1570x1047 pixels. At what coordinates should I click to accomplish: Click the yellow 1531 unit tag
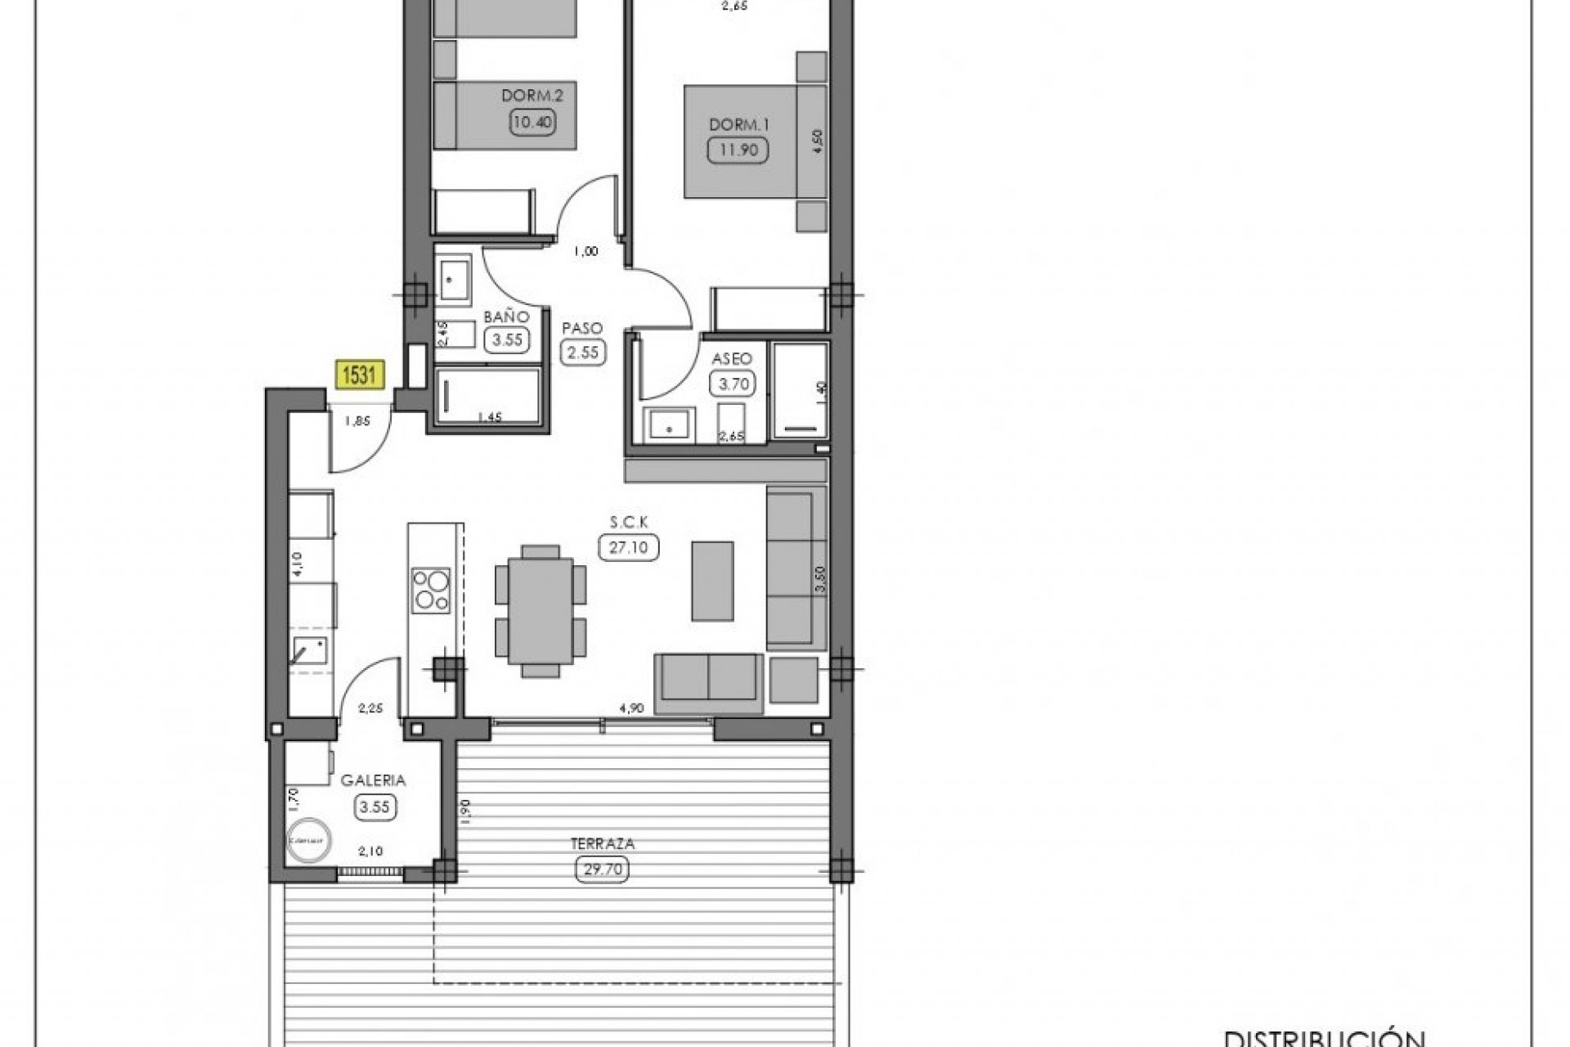tap(359, 375)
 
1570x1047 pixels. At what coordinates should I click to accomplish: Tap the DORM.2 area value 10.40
tap(532, 123)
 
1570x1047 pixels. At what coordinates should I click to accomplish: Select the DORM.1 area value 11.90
tap(738, 151)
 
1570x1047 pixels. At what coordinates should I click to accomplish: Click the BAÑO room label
tap(506, 317)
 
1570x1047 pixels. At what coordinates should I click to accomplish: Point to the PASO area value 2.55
tap(583, 353)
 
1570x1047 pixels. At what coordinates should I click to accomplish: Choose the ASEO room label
tap(732, 359)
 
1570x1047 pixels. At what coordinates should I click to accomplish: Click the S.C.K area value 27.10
tap(628, 547)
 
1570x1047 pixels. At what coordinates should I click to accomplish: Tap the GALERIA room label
tap(374, 780)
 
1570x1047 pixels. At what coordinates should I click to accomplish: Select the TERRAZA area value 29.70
tap(603, 870)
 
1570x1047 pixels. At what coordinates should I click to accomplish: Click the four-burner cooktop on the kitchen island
tap(431, 591)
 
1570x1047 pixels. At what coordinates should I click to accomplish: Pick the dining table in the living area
tap(540, 611)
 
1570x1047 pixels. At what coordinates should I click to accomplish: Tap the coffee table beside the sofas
tap(712, 581)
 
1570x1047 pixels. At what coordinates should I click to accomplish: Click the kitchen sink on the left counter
tap(310, 651)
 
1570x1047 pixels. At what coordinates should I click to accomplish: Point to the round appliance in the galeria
tap(308, 840)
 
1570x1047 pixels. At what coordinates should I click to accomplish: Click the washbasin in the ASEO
tap(669, 425)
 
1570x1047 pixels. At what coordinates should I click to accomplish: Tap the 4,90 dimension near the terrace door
tap(631, 708)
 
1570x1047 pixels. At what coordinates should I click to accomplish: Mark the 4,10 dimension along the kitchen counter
tap(297, 564)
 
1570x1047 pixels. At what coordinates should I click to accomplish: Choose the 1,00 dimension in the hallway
tap(585, 252)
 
